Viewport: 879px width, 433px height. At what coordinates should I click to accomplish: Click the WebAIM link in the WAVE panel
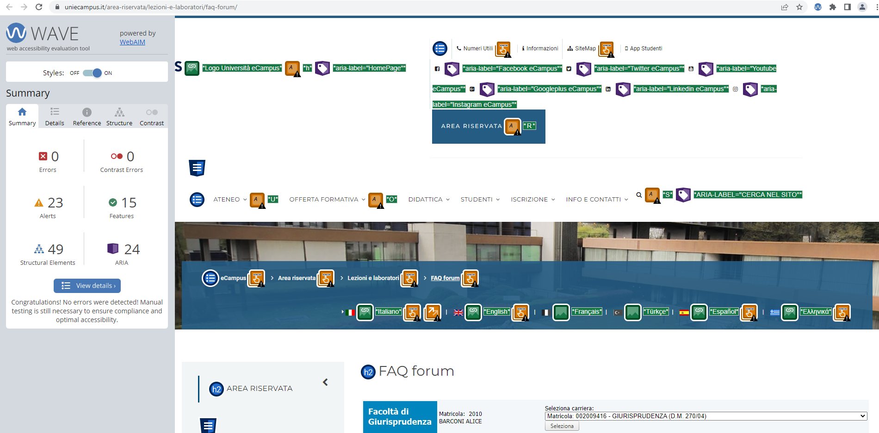[132, 42]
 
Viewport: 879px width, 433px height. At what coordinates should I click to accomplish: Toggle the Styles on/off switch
[92, 73]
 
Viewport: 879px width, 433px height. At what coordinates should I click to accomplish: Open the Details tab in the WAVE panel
[55, 116]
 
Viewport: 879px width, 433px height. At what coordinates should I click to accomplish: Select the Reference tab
[87, 116]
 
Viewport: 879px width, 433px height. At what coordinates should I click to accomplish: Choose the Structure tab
[119, 116]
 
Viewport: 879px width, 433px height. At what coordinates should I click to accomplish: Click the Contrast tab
[152, 116]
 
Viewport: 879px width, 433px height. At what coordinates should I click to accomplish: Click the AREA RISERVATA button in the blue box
[471, 126]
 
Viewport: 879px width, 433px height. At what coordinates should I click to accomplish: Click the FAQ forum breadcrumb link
[445, 278]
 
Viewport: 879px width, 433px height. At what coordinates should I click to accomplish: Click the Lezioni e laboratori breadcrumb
[373, 278]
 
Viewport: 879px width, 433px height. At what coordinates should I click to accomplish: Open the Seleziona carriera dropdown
[706, 416]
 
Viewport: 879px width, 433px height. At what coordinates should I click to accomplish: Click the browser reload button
[39, 7]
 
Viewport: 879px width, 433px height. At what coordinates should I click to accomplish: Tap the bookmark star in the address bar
[799, 7]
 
